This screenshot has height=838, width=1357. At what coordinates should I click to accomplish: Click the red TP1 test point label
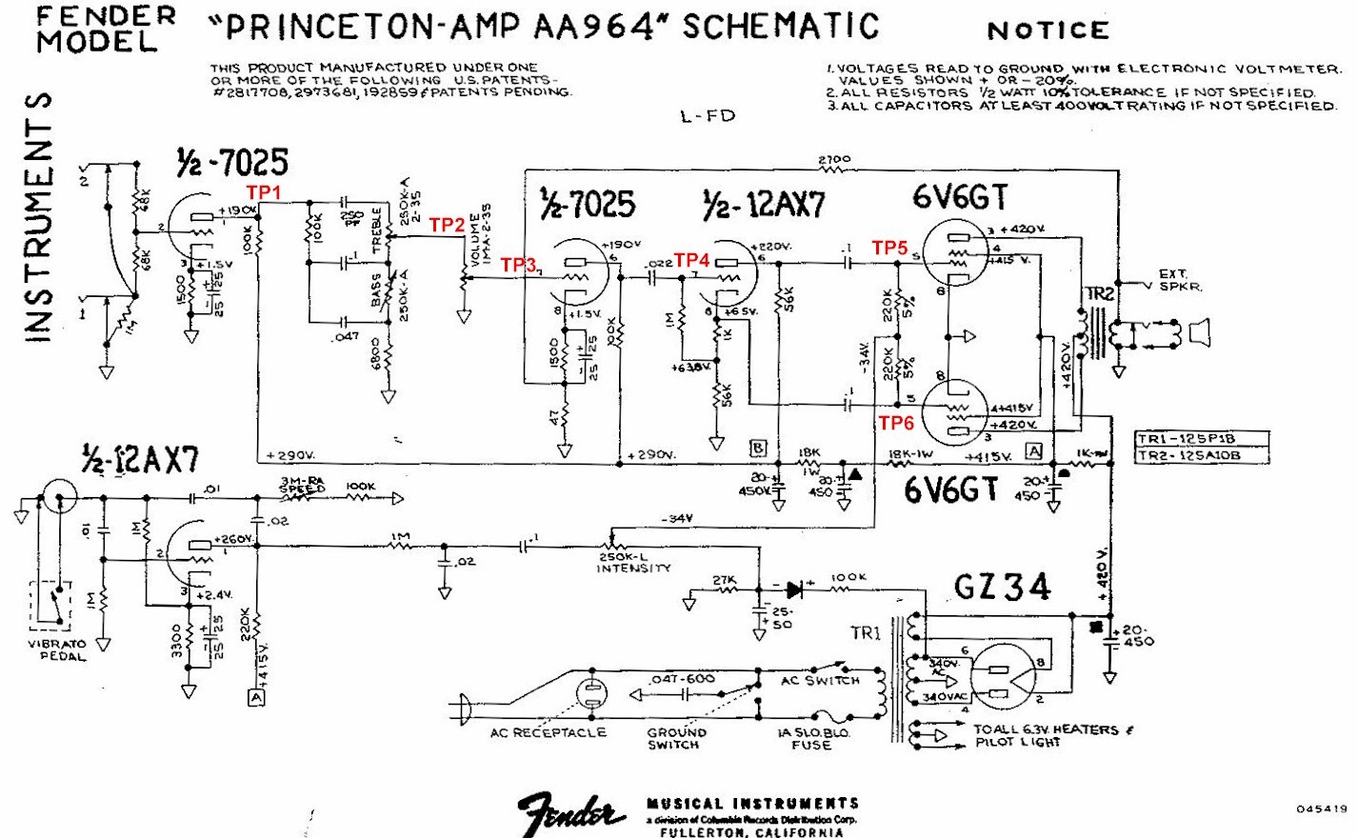[264, 192]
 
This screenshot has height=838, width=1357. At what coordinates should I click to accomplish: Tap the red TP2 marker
[447, 225]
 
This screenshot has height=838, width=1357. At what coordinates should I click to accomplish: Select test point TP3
[519, 265]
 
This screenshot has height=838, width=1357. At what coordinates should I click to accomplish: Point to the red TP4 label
[692, 260]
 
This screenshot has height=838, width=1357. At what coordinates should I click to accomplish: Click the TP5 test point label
[890, 248]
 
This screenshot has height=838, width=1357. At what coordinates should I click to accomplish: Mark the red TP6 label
[896, 423]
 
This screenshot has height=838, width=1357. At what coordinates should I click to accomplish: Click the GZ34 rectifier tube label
[1002, 587]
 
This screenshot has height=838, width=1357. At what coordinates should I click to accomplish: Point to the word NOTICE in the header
[1048, 30]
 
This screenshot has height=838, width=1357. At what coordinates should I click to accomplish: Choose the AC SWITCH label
[819, 681]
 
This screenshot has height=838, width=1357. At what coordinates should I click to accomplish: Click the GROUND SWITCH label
[676, 738]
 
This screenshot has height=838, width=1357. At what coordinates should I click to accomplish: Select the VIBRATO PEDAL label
[57, 649]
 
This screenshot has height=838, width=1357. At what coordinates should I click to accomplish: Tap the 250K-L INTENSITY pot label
[633, 562]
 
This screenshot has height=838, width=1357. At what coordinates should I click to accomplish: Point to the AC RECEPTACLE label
[548, 732]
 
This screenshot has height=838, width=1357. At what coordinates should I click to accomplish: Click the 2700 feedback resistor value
[834, 159]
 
